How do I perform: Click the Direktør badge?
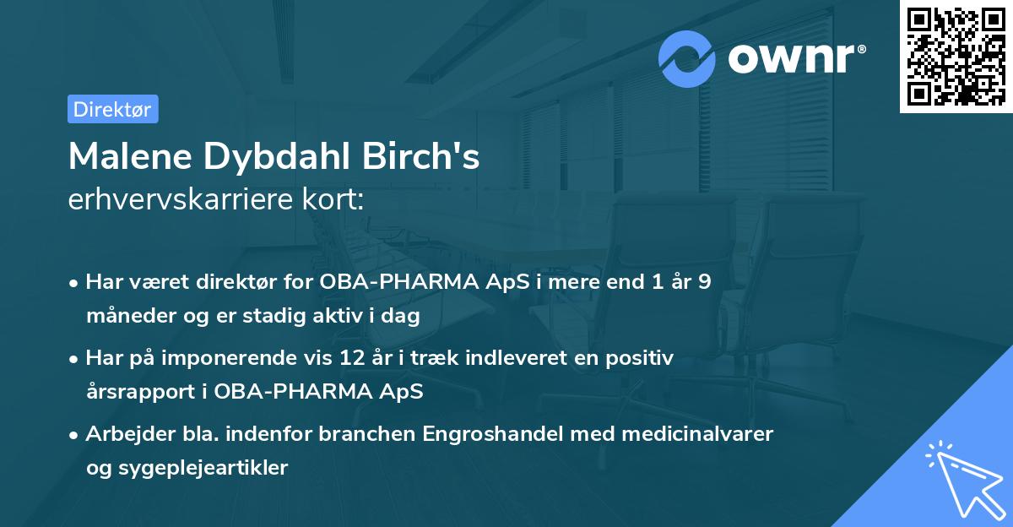click(112, 109)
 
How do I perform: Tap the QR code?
click(956, 56)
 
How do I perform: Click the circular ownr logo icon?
click(687, 58)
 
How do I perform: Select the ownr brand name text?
click(794, 59)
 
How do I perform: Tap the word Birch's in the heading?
click(431, 156)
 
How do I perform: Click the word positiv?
click(643, 358)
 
